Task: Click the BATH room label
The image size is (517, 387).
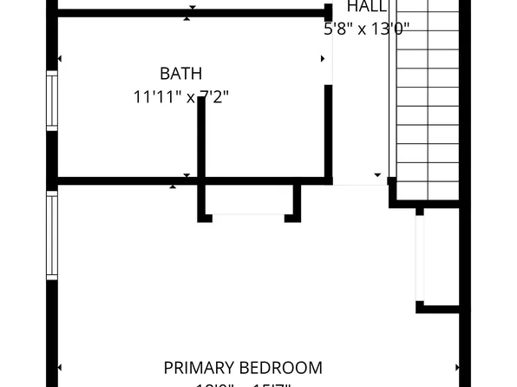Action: point(181,74)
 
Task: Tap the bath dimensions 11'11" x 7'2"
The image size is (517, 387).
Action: point(181,97)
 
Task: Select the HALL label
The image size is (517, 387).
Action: point(367,7)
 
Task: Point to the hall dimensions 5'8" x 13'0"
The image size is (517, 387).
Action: point(366,29)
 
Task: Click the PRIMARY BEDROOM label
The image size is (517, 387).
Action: point(243,368)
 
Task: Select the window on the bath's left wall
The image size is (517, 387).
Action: point(52,101)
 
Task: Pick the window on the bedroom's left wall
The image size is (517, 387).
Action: point(52,236)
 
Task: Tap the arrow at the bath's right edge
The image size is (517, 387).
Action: point(324,59)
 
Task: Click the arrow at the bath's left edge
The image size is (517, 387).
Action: point(59,59)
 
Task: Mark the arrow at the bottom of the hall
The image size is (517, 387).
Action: point(377,175)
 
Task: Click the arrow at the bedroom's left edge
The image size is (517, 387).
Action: point(59,368)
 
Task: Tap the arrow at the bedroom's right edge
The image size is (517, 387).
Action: point(457,368)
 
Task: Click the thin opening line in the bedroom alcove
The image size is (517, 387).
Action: point(249,215)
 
